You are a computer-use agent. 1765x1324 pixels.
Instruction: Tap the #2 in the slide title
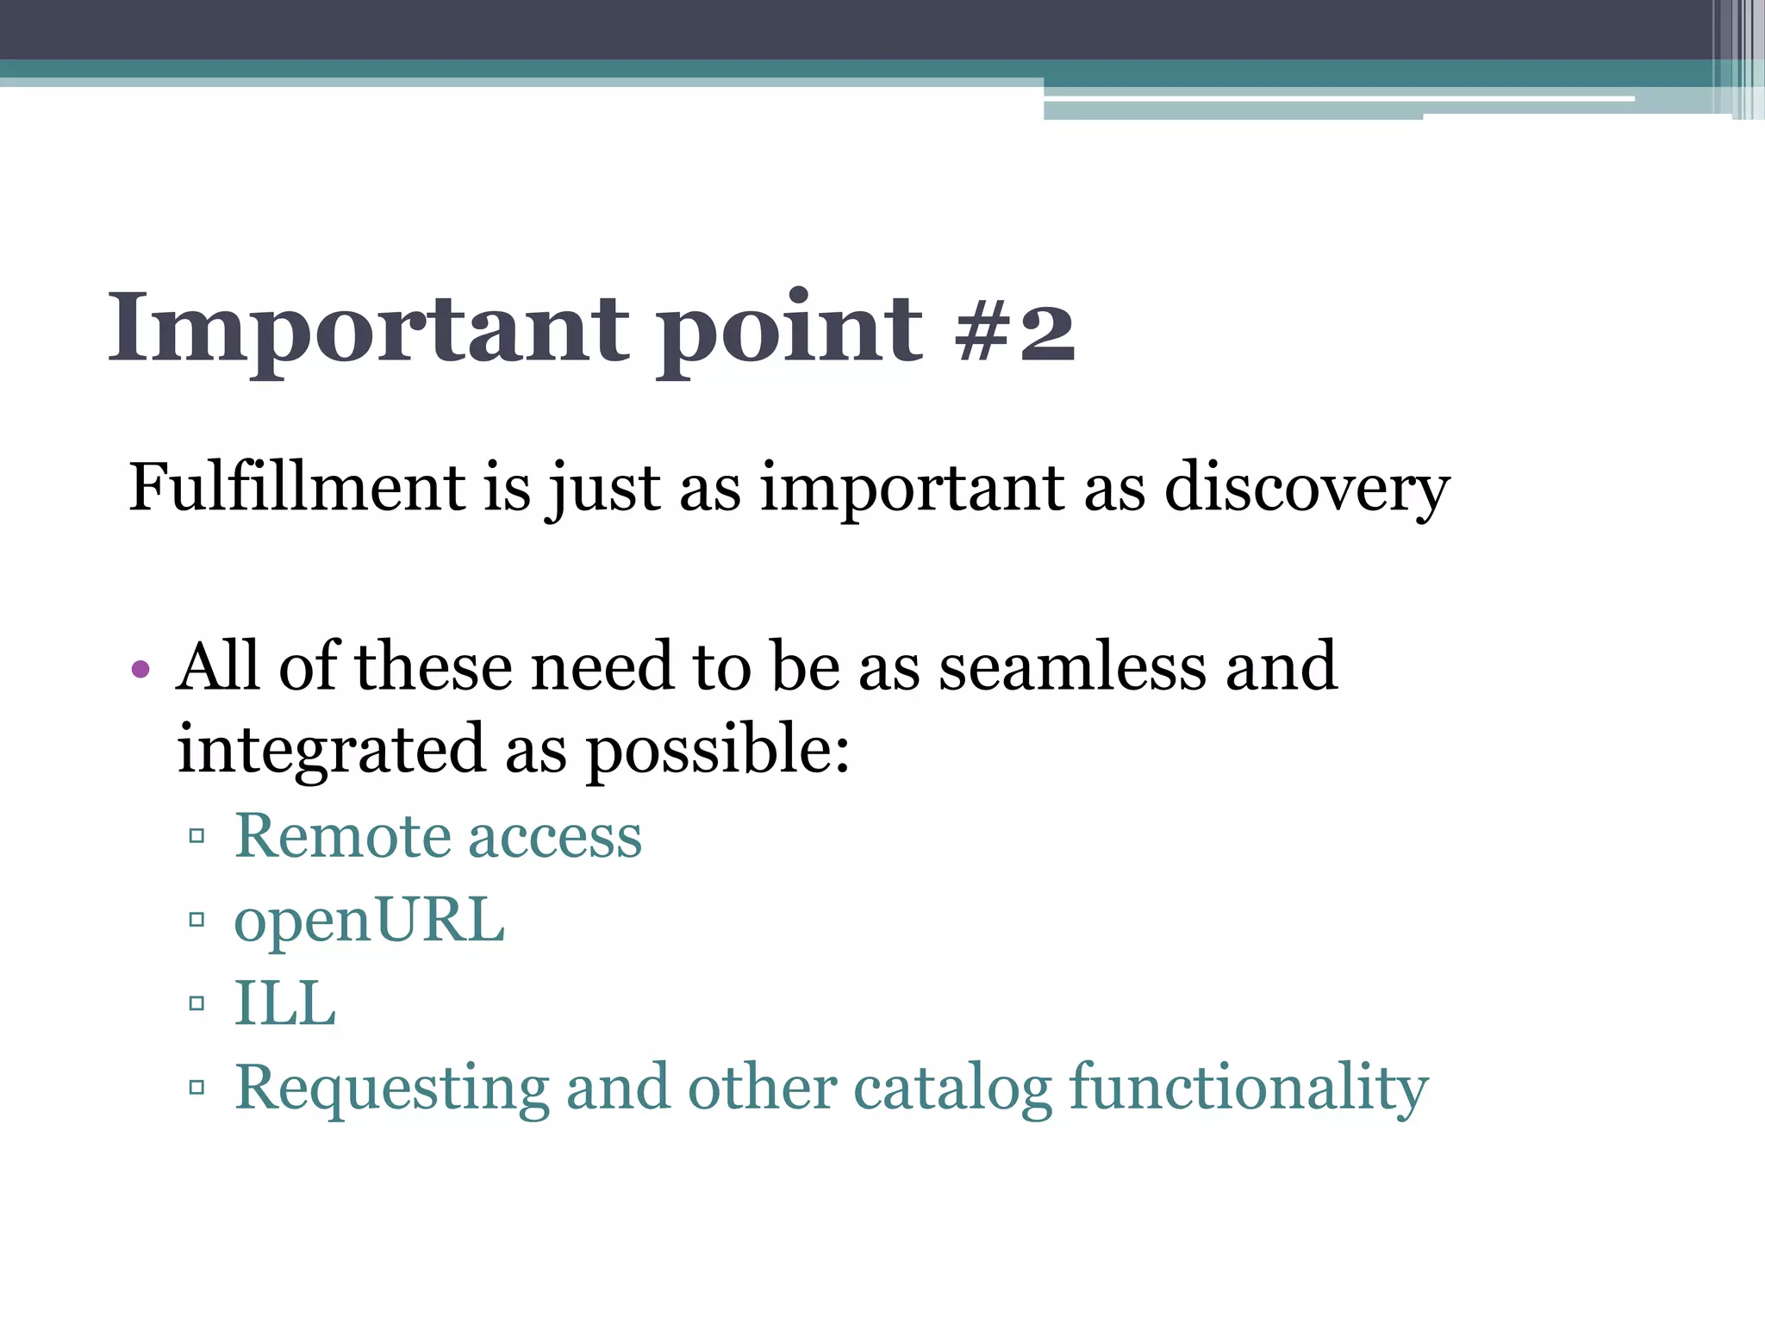pyautogui.click(x=1015, y=330)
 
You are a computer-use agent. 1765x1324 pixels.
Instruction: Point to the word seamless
pyautogui.click(x=1072, y=667)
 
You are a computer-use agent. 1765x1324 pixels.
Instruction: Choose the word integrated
pyautogui.click(x=332, y=749)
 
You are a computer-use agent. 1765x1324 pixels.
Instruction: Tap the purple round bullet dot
pyautogui.click(x=140, y=669)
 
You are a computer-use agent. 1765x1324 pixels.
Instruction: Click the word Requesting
pyautogui.click(x=392, y=1089)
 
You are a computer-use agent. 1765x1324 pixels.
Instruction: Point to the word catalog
pyautogui.click(x=952, y=1089)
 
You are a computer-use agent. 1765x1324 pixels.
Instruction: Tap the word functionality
pyautogui.click(x=1249, y=1089)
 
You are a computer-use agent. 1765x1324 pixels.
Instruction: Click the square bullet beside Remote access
pyautogui.click(x=196, y=835)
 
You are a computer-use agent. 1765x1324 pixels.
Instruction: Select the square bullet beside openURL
pyautogui.click(x=196, y=920)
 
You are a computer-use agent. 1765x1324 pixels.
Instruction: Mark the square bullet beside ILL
pyautogui.click(x=196, y=1003)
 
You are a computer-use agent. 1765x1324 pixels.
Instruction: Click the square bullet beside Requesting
pyautogui.click(x=196, y=1087)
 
